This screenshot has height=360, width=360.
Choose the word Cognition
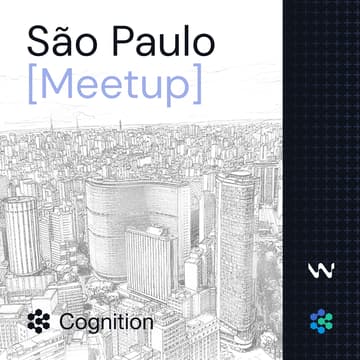tap(106, 322)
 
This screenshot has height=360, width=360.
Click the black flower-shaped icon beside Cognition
tap(39, 322)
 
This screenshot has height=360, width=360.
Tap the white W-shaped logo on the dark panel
tap(321, 270)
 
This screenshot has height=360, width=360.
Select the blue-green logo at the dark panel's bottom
tap(321, 321)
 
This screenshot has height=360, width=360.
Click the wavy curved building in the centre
tap(130, 210)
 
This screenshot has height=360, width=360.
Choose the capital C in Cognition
tap(67, 322)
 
